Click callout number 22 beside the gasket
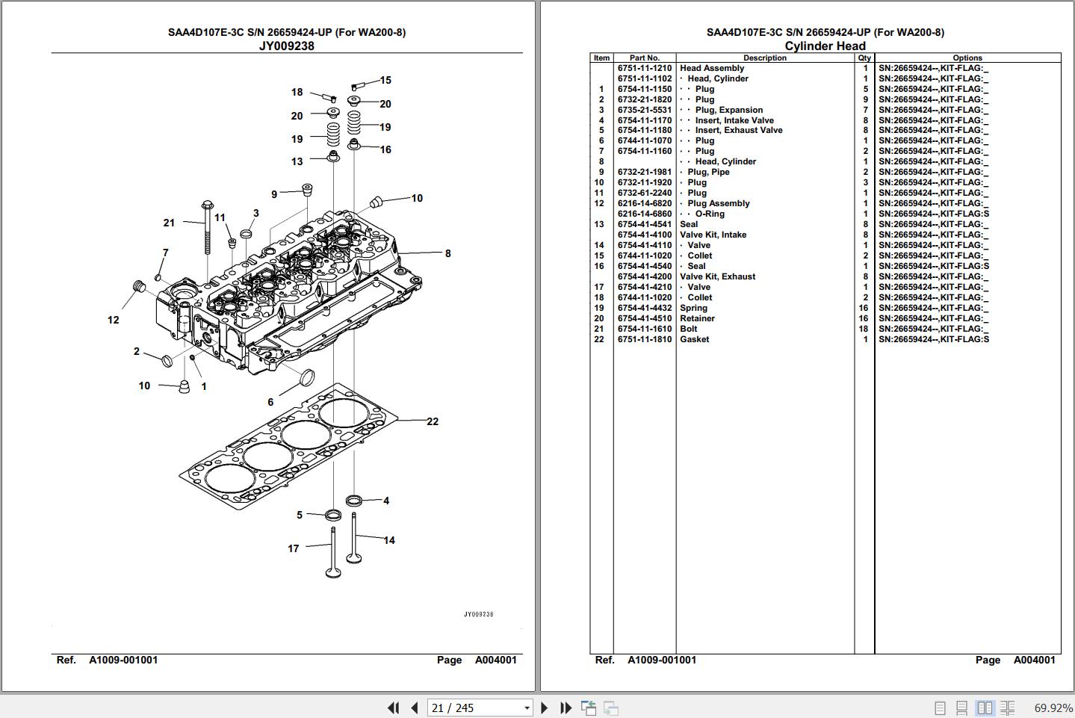point(433,421)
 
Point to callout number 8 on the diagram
point(447,253)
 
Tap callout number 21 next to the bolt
point(169,223)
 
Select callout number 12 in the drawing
point(113,320)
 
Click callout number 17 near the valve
point(294,548)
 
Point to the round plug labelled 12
point(137,286)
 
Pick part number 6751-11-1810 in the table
point(644,339)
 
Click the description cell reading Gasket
point(694,339)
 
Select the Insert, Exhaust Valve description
point(738,130)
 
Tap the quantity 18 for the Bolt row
point(864,329)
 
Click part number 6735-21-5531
point(644,110)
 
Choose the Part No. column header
point(644,58)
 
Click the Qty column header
point(864,58)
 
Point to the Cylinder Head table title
point(825,46)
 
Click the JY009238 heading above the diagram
point(286,46)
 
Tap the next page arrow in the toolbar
point(544,708)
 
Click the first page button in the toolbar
point(393,708)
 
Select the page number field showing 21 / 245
point(479,708)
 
